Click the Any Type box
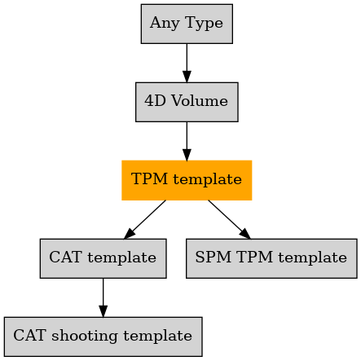[x=187, y=24]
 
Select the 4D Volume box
[x=187, y=102]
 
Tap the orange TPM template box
[x=187, y=180]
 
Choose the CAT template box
[x=103, y=258]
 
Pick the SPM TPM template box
[x=271, y=258]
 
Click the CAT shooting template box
[x=103, y=337]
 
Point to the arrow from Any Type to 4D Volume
[x=187, y=63]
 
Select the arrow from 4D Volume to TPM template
[x=187, y=141]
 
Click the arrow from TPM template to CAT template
[x=145, y=219]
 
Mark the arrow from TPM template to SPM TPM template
[x=229, y=219]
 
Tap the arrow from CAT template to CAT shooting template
[x=103, y=297]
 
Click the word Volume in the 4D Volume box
[x=200, y=101]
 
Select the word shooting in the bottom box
[x=85, y=336]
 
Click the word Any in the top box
[x=165, y=24]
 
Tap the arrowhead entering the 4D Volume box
[x=187, y=77]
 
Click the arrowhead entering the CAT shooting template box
[x=103, y=311]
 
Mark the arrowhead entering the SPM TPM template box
[x=244, y=234]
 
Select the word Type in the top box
[x=204, y=24]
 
